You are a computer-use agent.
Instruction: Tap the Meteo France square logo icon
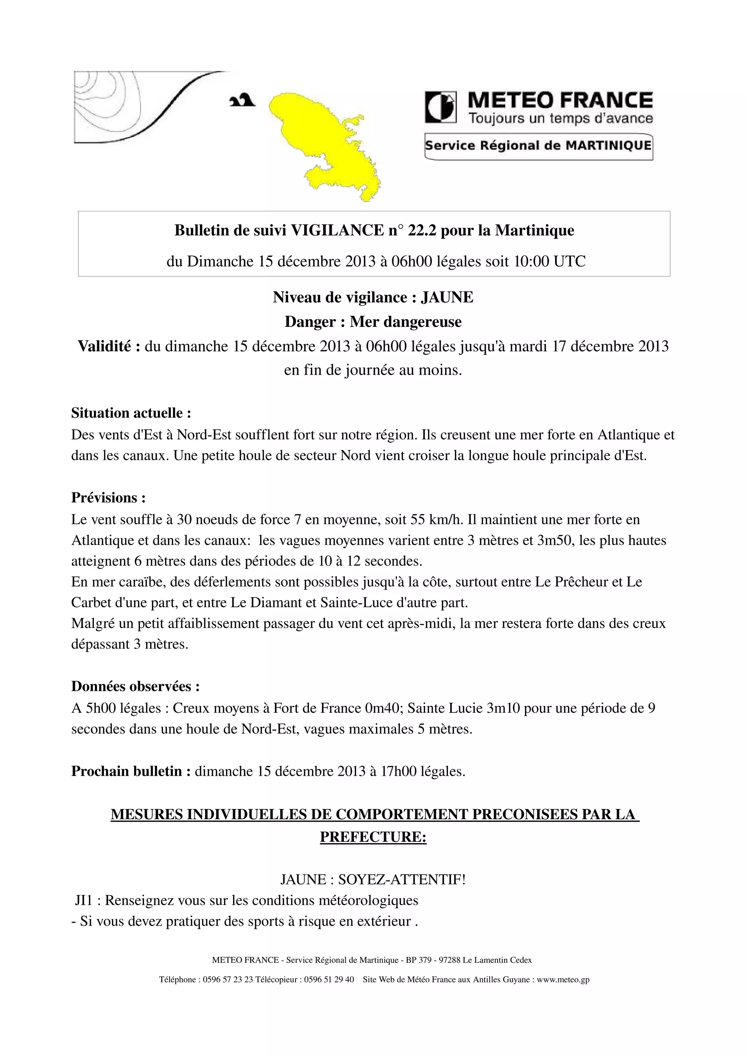(x=441, y=107)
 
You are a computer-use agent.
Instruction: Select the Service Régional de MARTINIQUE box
(x=538, y=146)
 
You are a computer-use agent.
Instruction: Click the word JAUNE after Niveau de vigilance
(x=447, y=298)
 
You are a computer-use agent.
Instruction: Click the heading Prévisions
(x=109, y=498)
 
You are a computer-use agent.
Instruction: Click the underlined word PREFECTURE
(x=373, y=837)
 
